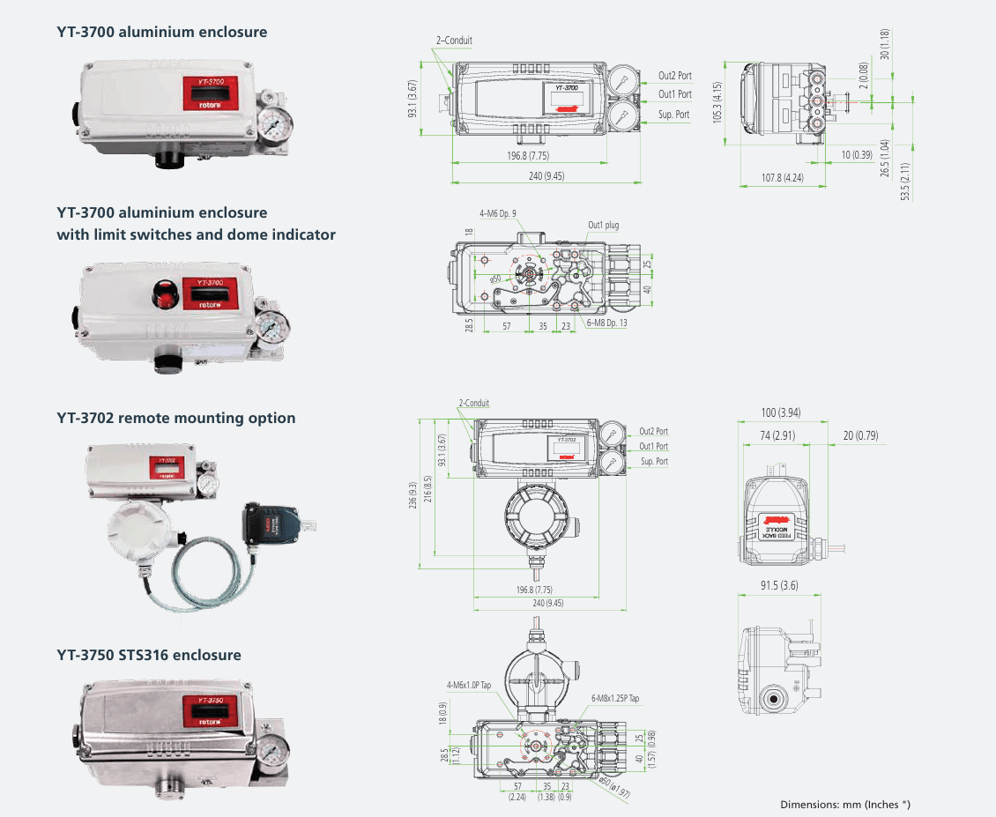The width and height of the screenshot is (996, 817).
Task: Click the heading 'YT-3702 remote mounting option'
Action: pyautogui.click(x=176, y=418)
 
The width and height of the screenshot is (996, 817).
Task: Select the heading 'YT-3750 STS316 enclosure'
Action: pyautogui.click(x=149, y=655)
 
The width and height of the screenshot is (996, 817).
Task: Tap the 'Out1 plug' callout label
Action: pyautogui.click(x=604, y=226)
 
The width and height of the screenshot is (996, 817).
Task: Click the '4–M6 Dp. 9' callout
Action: pyautogui.click(x=498, y=213)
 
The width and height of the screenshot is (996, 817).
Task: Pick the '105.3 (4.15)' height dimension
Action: pyautogui.click(x=717, y=97)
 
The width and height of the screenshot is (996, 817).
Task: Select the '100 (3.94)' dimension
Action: pyautogui.click(x=780, y=413)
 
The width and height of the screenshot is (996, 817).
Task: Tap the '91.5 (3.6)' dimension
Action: pyautogui.click(x=780, y=585)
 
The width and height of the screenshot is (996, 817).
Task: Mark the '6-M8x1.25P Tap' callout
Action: pyautogui.click(x=614, y=698)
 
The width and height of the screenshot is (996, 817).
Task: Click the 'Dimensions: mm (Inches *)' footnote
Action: pyautogui.click(x=844, y=804)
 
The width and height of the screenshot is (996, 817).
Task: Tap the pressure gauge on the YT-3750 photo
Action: pyautogui.click(x=275, y=747)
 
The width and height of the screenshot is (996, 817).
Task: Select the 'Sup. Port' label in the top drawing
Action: pyautogui.click(x=673, y=115)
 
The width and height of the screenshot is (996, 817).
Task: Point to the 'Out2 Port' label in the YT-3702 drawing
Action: pyautogui.click(x=653, y=432)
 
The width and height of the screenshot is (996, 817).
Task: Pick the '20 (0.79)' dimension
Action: pyautogui.click(x=860, y=436)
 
